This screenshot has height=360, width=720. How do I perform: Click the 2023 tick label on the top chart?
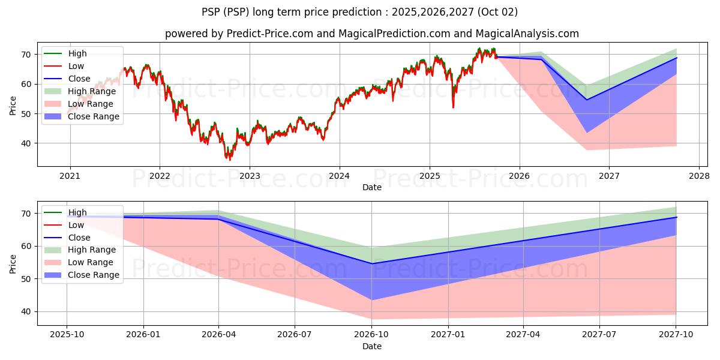click(250, 176)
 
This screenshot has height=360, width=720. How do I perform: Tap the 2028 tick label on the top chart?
click(699, 176)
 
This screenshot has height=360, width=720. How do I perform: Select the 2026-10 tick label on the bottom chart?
click(372, 335)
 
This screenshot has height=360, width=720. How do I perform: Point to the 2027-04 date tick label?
click(523, 335)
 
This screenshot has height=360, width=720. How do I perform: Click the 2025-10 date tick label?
click(67, 335)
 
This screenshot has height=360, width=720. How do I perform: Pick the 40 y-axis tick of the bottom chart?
click(26, 312)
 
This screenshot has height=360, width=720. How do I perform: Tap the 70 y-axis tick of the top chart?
click(26, 55)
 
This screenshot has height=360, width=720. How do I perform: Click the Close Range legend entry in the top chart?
click(82, 116)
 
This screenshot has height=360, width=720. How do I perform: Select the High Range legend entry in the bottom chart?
click(80, 250)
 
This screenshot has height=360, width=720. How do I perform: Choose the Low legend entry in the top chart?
click(64, 66)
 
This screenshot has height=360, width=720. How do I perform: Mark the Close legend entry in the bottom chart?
click(67, 238)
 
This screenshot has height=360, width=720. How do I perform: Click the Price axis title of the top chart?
click(13, 106)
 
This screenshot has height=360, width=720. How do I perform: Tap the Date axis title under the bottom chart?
click(372, 346)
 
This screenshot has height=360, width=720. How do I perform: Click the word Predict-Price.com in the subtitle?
click(269, 34)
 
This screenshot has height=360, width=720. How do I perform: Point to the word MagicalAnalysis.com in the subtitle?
click(527, 34)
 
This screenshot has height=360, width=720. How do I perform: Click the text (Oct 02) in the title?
click(497, 12)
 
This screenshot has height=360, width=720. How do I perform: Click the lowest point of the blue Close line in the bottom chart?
click(372, 263)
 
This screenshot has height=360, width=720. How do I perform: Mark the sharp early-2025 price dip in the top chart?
click(453, 107)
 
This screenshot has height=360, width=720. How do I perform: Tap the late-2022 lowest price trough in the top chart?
click(229, 160)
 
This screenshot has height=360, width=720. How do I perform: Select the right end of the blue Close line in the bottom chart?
click(677, 217)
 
